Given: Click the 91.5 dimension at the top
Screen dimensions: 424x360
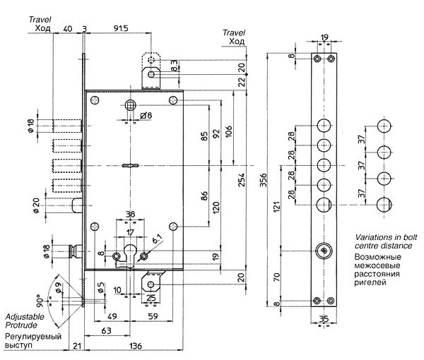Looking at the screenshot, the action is (x=121, y=28).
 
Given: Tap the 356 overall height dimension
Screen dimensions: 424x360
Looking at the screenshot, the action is (x=263, y=180).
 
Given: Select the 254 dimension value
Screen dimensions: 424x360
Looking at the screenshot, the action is (x=241, y=180).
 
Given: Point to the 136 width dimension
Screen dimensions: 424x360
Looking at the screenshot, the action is (x=136, y=346).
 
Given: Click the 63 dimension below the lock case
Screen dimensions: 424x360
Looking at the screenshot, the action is (x=106, y=330).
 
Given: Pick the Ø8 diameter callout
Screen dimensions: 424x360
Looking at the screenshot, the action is (x=146, y=116).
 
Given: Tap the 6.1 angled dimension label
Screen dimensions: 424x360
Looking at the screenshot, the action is (x=157, y=239).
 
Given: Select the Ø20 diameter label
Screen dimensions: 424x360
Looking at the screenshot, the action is (x=36, y=206).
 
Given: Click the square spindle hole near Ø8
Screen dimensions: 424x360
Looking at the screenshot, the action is (x=131, y=105).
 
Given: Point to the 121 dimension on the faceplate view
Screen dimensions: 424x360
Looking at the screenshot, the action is (x=276, y=206).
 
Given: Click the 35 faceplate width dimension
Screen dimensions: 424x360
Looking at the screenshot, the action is (x=324, y=319).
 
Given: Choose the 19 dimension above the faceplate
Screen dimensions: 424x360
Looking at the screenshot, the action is (x=324, y=37).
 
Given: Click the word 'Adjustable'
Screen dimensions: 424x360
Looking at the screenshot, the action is (x=25, y=316).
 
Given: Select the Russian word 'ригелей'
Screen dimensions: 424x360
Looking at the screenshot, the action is (x=370, y=282).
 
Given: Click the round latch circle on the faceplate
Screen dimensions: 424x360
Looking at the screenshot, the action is (x=324, y=251).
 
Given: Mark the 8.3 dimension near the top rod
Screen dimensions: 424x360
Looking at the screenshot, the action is (x=175, y=66).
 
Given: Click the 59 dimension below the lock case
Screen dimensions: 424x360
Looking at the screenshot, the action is (x=153, y=316).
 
